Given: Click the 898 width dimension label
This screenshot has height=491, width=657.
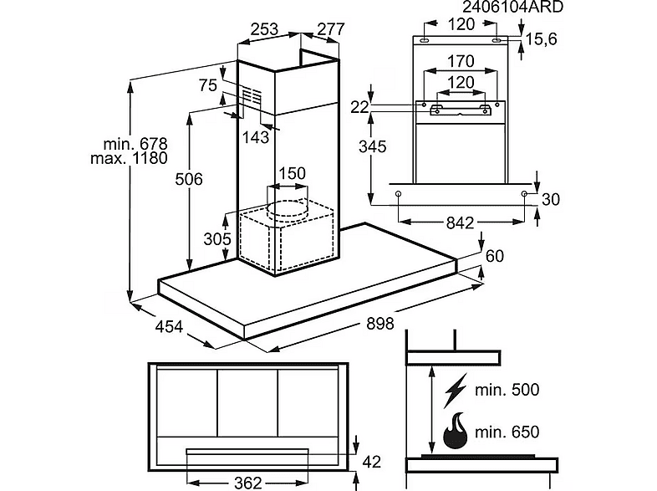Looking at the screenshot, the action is click(x=380, y=324).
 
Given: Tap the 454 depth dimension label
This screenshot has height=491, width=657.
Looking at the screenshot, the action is click(x=169, y=326).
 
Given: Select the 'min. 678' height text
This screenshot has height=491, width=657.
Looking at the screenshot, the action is click(x=135, y=144).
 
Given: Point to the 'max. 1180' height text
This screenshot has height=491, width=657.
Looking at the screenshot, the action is click(x=129, y=158).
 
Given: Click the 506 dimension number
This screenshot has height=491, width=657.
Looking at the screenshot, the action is click(x=189, y=179).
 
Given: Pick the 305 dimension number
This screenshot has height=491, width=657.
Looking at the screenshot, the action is click(x=217, y=239).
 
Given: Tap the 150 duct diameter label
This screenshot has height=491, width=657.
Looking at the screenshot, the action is click(x=292, y=173).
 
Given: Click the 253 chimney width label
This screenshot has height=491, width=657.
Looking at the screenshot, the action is click(x=264, y=29).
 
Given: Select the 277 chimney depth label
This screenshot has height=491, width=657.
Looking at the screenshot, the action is click(x=331, y=29).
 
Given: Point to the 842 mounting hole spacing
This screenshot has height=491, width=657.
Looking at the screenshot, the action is click(x=460, y=222).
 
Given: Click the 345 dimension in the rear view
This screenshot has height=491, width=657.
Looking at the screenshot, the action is click(x=373, y=146).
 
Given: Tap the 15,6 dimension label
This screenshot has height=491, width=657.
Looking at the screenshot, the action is click(x=541, y=39).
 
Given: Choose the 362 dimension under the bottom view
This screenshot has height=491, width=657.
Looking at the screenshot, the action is click(x=247, y=483).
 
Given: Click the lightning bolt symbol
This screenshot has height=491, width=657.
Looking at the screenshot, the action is click(x=456, y=391).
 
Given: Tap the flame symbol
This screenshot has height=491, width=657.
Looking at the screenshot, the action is click(x=455, y=431).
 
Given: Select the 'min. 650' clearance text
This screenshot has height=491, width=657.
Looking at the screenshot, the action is click(x=507, y=432).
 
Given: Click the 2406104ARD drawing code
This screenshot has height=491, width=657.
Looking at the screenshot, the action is click(x=513, y=7).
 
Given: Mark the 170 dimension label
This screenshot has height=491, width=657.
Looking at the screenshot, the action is click(x=461, y=61).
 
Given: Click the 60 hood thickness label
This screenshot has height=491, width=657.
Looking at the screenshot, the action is click(x=495, y=256).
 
